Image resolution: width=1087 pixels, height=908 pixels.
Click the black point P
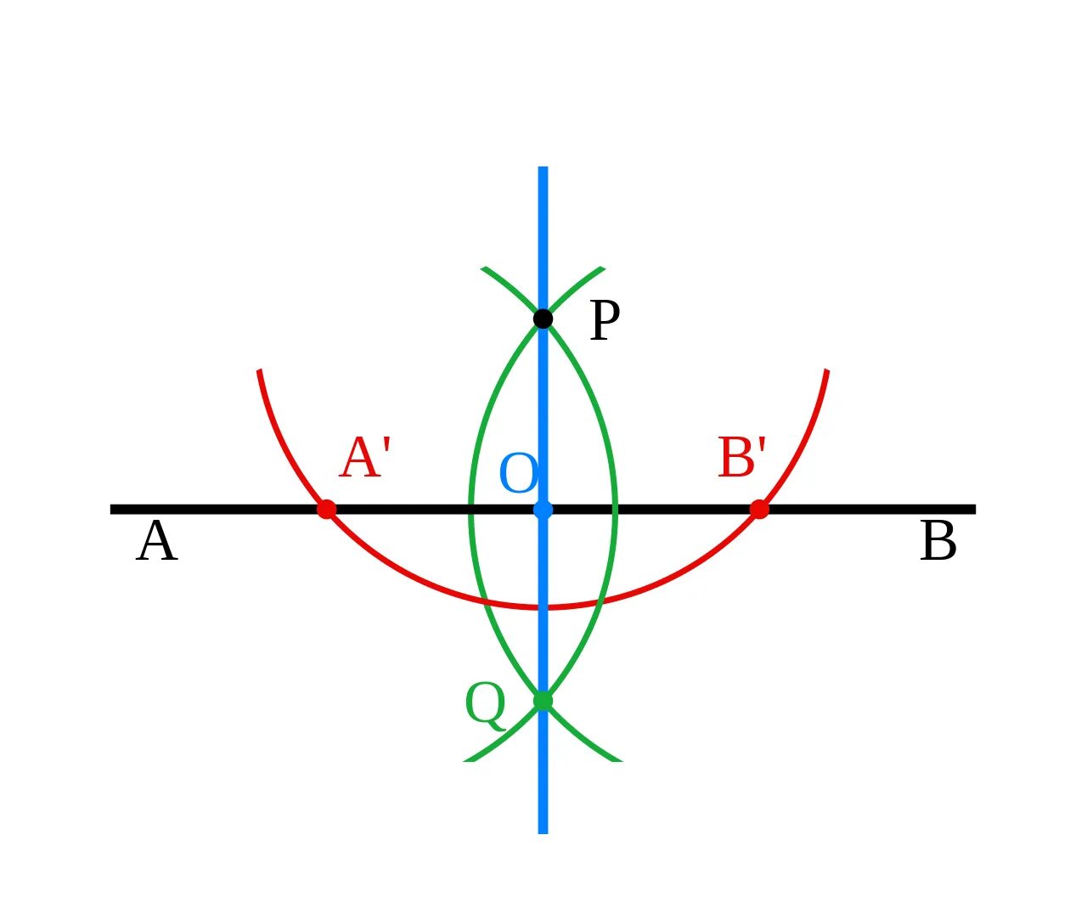click(543, 319)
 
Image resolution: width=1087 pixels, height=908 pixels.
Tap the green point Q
click(543, 701)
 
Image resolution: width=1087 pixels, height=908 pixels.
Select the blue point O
click(543, 510)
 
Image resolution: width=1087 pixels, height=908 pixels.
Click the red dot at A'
click(326, 510)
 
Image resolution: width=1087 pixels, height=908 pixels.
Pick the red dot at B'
click(759, 510)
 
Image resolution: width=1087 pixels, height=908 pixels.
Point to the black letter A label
click(156, 543)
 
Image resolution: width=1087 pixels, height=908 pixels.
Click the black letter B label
click(938, 543)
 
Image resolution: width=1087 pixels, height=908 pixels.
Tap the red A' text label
click(365, 459)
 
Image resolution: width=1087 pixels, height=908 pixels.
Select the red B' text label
click(742, 459)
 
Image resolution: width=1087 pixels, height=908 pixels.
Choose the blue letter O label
click(518, 474)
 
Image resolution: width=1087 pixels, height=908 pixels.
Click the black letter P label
click(604, 322)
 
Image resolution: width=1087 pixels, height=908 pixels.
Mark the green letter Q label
click(485, 705)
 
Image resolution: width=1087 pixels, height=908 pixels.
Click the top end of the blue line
click(543, 168)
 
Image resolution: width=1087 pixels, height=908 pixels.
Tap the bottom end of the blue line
click(543, 832)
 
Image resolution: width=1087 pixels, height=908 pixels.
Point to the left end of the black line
click(112, 510)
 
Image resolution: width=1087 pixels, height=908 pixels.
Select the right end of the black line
click(974, 510)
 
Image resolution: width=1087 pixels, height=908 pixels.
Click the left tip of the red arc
click(259, 371)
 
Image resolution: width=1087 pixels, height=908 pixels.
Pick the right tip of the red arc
click(826, 371)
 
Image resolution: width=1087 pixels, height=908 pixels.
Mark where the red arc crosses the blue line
click(543, 607)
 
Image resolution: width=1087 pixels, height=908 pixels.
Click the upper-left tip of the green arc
click(483, 268)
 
